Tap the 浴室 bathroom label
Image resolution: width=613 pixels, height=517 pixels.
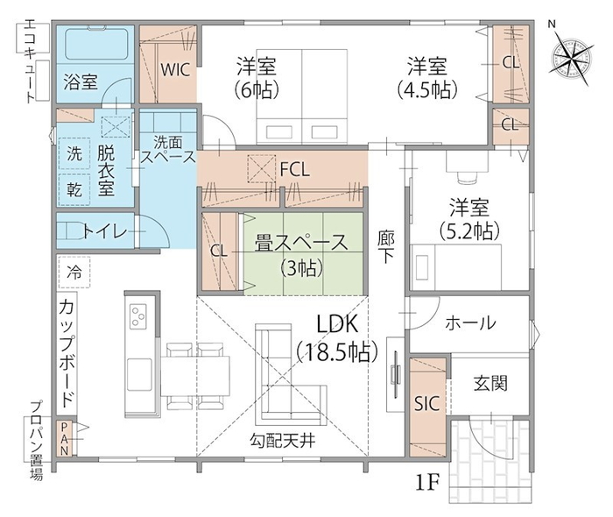81,85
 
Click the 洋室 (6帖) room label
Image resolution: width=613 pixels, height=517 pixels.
257,77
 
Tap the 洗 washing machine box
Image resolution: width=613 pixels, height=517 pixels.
74,152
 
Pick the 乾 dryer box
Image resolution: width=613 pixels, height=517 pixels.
74,187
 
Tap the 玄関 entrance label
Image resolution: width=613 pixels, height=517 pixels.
490,383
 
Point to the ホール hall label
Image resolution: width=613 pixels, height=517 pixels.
470,322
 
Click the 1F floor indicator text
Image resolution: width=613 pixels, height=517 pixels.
428,481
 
